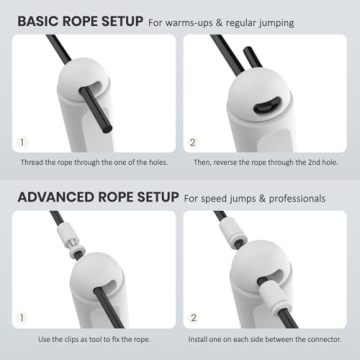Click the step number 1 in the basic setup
click(x=23, y=142)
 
